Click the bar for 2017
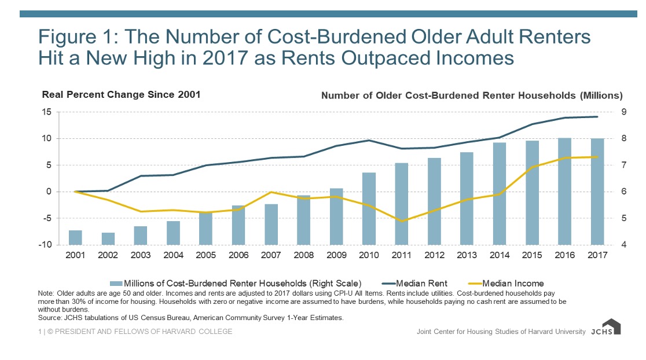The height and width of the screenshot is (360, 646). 597,192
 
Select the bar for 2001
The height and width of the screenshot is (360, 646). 75,237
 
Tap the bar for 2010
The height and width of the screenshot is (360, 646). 369,208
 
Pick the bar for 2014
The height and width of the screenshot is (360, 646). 500,193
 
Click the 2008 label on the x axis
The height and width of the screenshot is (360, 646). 304,255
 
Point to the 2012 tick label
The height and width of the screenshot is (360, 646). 434,255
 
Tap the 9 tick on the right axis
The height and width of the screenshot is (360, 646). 625,112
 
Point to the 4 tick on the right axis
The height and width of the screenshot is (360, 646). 625,245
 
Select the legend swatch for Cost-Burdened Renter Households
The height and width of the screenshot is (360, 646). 116,284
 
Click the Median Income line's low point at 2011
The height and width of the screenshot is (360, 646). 402,221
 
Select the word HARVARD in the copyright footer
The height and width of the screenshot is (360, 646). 175,332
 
